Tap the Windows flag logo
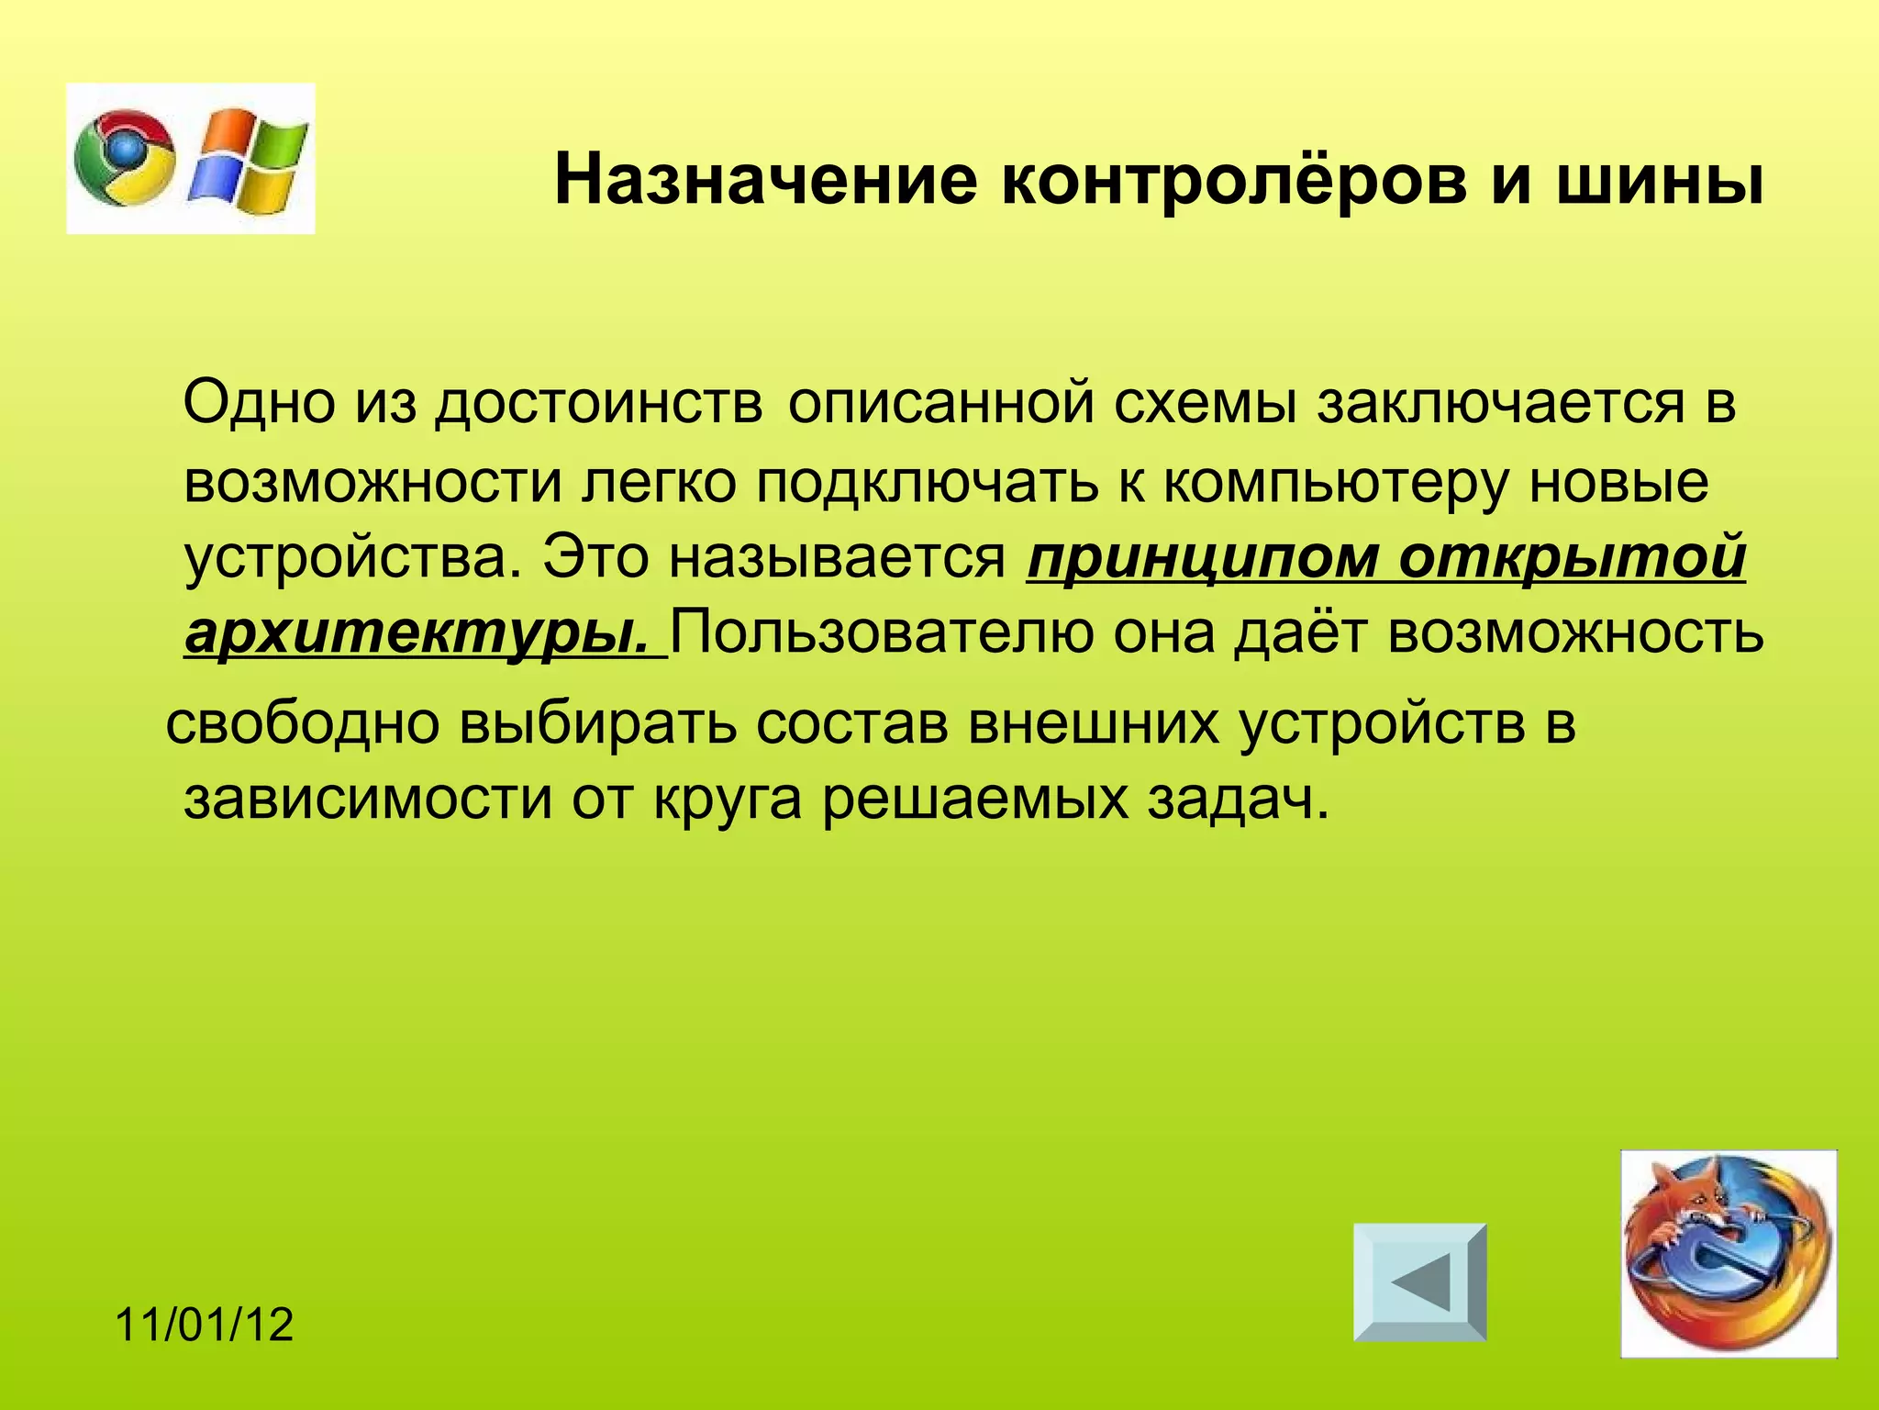(249, 158)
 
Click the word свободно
(303, 723)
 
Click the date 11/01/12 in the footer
(205, 1326)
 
